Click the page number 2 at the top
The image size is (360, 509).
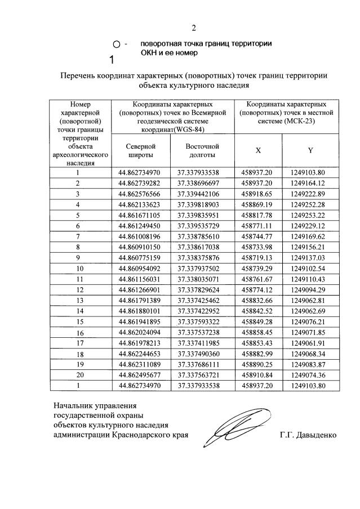(194, 28)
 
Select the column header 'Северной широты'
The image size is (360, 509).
(140, 150)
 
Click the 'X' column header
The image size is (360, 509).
(258, 150)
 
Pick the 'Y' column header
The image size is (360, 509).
(310, 150)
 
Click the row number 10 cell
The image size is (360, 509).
(79, 268)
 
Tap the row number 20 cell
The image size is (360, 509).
(79, 375)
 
